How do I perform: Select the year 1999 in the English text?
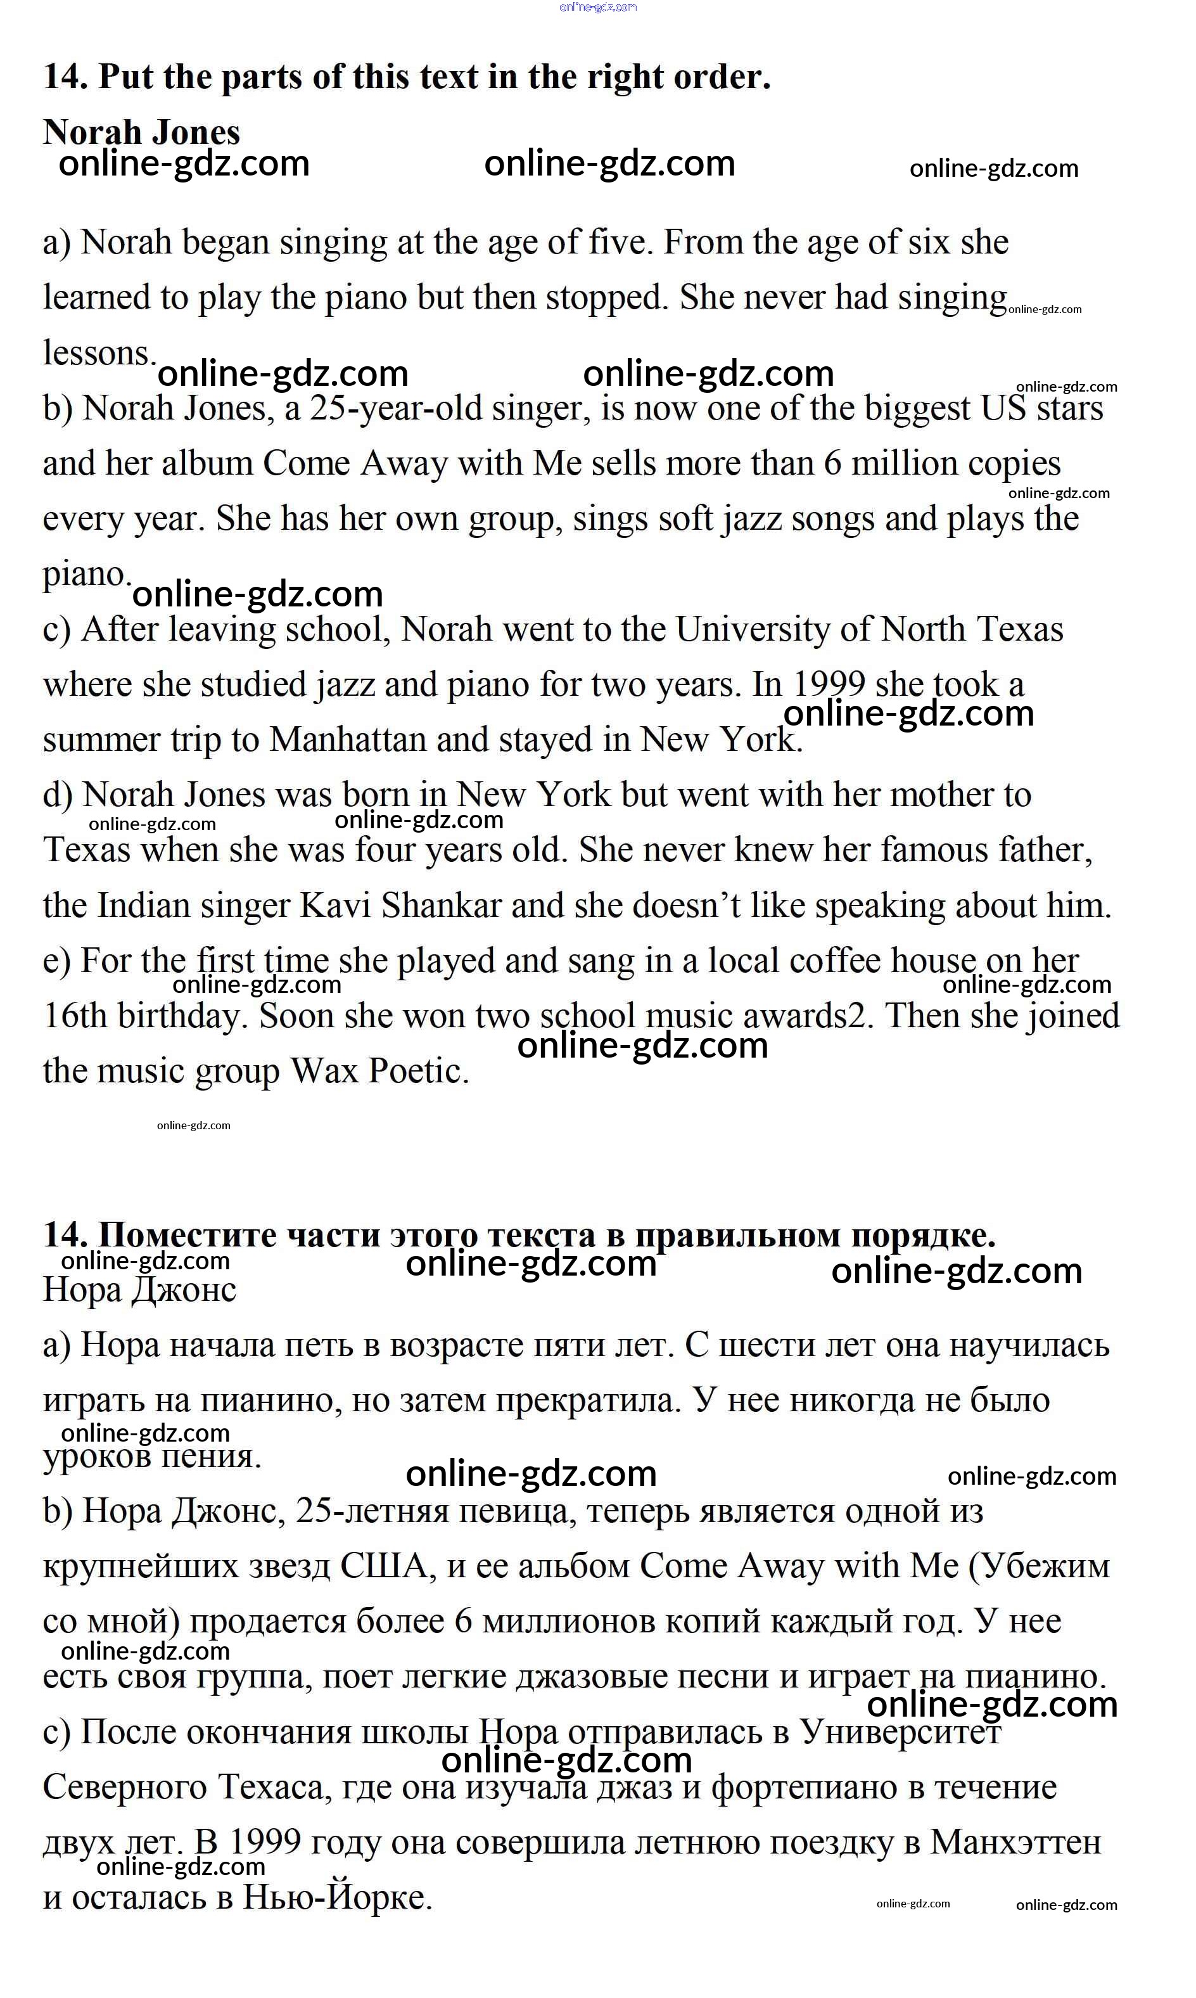click(x=828, y=684)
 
